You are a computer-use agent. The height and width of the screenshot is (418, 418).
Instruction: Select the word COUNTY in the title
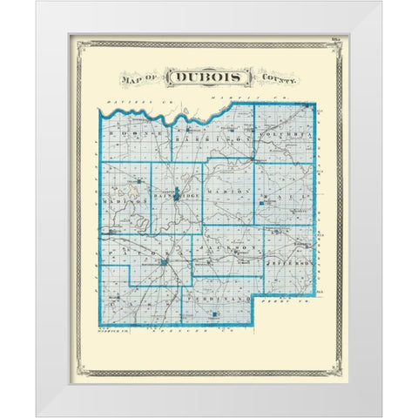[x=276, y=78]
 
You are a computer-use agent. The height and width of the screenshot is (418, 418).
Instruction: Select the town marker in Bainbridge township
[x=177, y=193]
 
